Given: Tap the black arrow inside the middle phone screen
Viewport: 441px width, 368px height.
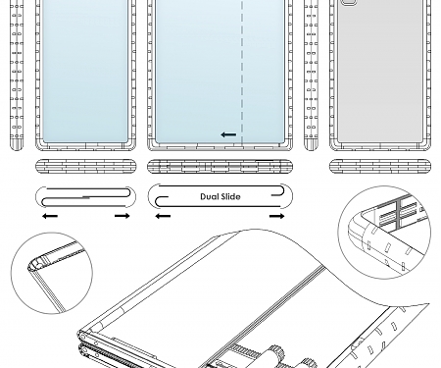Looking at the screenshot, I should [228, 134].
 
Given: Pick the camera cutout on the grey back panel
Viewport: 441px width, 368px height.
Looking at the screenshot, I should [352, 4].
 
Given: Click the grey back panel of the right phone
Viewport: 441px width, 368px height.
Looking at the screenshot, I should [378, 79].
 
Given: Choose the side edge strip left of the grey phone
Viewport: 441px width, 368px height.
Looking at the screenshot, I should [312, 74].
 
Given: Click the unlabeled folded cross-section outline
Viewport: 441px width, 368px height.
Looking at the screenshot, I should [84, 195].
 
